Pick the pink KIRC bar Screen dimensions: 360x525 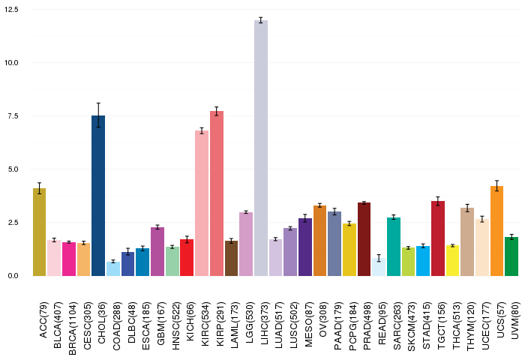tap(202, 203)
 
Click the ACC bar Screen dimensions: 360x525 tap(39, 232)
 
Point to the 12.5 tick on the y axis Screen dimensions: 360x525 tap(15, 10)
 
